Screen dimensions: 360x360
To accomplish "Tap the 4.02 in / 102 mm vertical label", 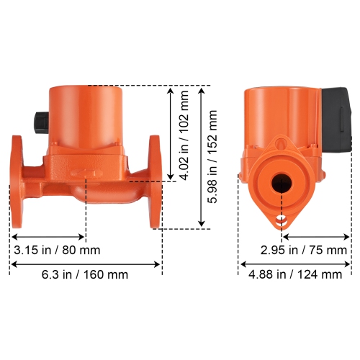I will pyautogui.click(x=184, y=134).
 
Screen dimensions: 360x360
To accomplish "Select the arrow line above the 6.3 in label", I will pyautogui.click(x=85, y=263).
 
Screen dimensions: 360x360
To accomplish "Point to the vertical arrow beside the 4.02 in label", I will pyautogui.click(x=171, y=134).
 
